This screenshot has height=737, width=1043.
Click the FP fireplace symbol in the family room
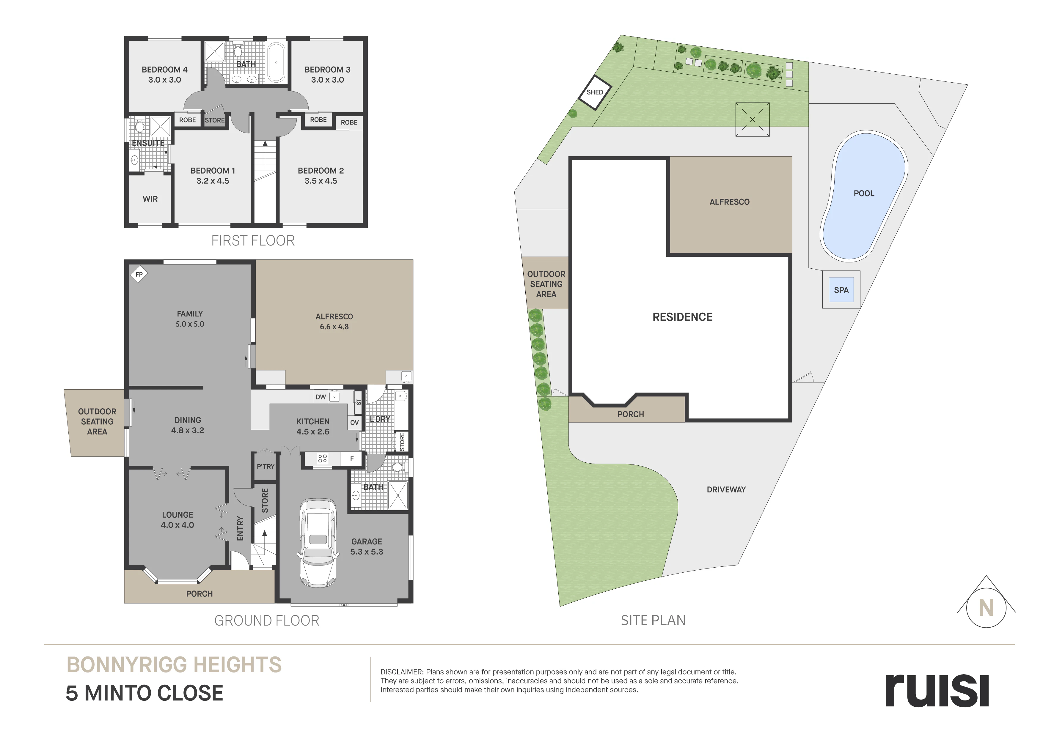click(x=139, y=274)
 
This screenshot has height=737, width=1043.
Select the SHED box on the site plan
click(x=595, y=92)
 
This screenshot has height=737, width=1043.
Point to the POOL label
click(x=863, y=193)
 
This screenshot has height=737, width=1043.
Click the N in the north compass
click(x=986, y=608)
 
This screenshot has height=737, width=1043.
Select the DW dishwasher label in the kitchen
click(x=321, y=397)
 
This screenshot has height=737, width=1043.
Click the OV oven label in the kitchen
click(x=354, y=422)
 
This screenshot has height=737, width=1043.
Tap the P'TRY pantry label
click(x=266, y=466)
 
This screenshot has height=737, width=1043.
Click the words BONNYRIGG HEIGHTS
click(x=174, y=665)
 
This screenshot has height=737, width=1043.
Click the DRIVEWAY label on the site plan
click(x=726, y=489)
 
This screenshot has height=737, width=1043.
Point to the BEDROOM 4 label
click(x=164, y=70)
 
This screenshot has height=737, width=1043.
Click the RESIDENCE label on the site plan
click(x=682, y=317)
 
